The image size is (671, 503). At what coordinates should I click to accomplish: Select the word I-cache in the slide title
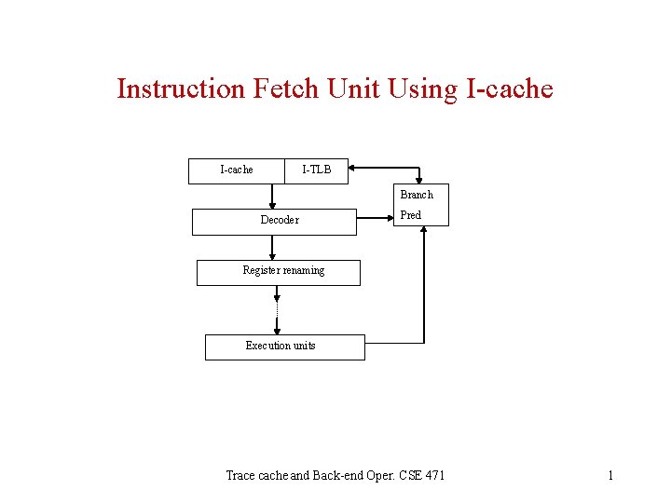pyautogui.click(x=508, y=89)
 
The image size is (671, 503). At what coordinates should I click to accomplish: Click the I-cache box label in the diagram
pyautogui.click(x=236, y=170)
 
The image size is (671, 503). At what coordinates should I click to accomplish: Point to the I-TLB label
pyautogui.click(x=316, y=170)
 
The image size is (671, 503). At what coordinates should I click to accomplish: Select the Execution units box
pyautogui.click(x=284, y=347)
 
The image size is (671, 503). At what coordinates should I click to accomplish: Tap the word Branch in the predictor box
pyautogui.click(x=417, y=195)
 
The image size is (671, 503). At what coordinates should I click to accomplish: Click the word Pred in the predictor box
pyautogui.click(x=410, y=215)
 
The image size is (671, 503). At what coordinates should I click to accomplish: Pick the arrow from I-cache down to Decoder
pyautogui.click(x=272, y=197)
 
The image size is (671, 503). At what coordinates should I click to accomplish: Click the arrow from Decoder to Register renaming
pyautogui.click(x=272, y=247)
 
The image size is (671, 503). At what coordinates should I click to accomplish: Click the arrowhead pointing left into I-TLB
pyautogui.click(x=353, y=170)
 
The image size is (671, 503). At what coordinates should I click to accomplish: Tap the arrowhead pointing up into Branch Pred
pyautogui.click(x=424, y=231)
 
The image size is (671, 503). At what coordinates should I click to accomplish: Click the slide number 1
pyautogui.click(x=610, y=476)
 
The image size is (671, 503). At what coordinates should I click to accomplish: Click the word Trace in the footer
pyautogui.click(x=241, y=476)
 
